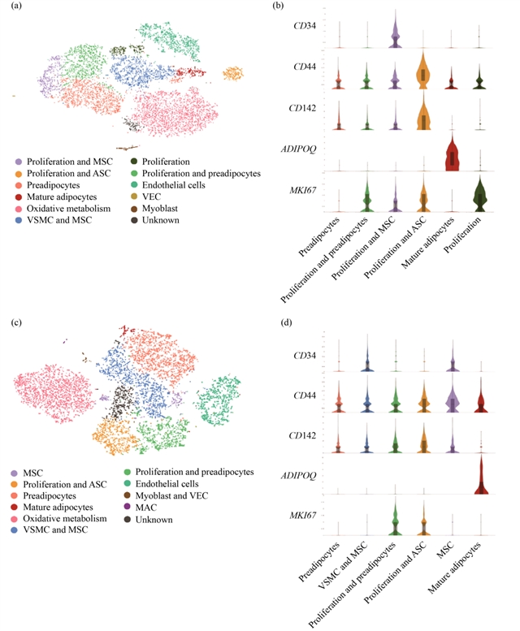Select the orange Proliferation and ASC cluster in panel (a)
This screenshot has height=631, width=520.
(x=233, y=74)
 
